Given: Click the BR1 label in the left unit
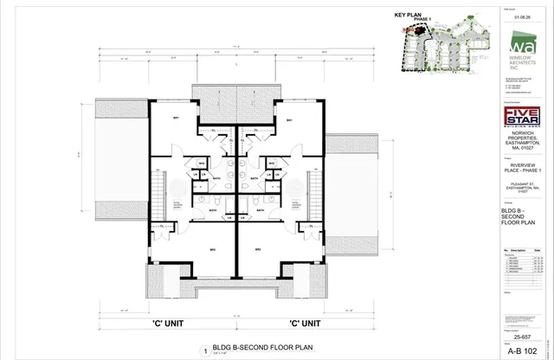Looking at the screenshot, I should point(175,119).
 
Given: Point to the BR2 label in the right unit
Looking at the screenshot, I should point(257,249).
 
